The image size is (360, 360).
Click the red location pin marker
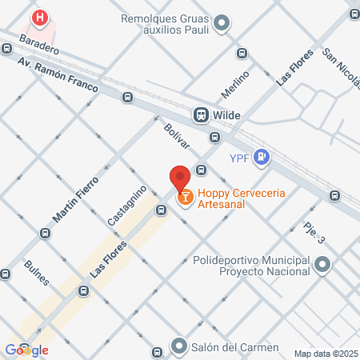click(x=179, y=177)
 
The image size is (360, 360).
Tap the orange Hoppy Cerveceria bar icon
click(x=185, y=195)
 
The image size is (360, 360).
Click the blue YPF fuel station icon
click(x=261, y=158)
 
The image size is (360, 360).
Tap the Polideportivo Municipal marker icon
click(x=322, y=265)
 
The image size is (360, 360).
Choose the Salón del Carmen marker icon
click(x=179, y=348)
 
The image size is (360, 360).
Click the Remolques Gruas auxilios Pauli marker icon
click(x=223, y=23)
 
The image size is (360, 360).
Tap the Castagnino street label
click(x=126, y=205)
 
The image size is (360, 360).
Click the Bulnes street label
click(x=37, y=273)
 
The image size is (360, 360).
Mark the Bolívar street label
click(x=176, y=134)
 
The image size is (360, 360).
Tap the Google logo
click(x=27, y=350)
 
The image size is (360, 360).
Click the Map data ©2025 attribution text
click(x=326, y=354)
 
